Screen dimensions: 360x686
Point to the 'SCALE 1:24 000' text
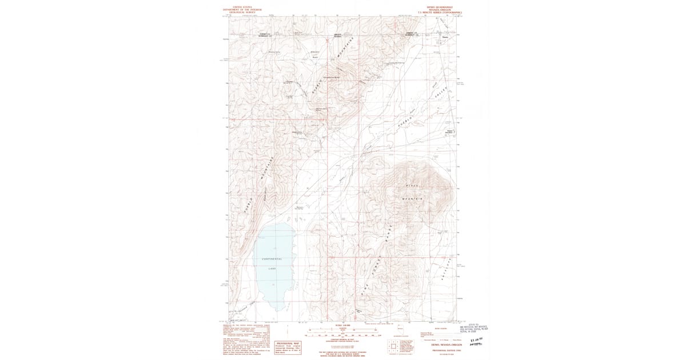click(x=342, y=325)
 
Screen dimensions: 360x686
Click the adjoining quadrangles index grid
click(x=393, y=345)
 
